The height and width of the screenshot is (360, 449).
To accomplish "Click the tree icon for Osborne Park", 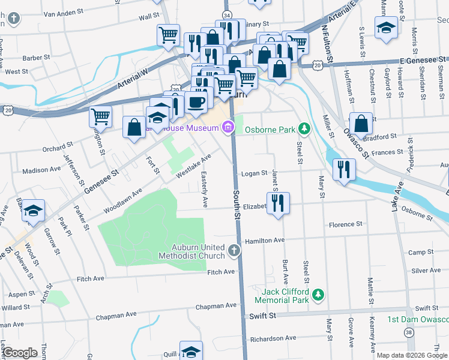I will tap(305, 128).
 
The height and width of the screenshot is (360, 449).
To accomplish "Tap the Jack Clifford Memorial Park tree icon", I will tap(319, 295).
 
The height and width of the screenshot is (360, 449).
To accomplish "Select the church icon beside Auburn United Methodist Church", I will tap(234, 250).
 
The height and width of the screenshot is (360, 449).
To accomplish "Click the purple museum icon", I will tap(228, 127).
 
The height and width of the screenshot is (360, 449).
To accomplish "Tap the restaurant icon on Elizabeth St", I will tap(278, 204).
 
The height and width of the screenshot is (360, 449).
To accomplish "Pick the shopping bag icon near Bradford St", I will tap(361, 124).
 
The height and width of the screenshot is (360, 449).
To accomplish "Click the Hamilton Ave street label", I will tap(264, 239).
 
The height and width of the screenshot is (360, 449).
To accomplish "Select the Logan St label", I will tap(254, 173).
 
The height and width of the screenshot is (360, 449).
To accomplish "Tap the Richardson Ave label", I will tap(274, 338).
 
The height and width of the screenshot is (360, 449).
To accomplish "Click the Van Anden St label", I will tap(63, 12).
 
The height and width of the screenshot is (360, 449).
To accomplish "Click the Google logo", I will tap(20, 353).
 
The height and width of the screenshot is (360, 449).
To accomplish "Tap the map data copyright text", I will tap(411, 355).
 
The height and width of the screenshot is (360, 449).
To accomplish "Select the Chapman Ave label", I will tap(115, 315).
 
